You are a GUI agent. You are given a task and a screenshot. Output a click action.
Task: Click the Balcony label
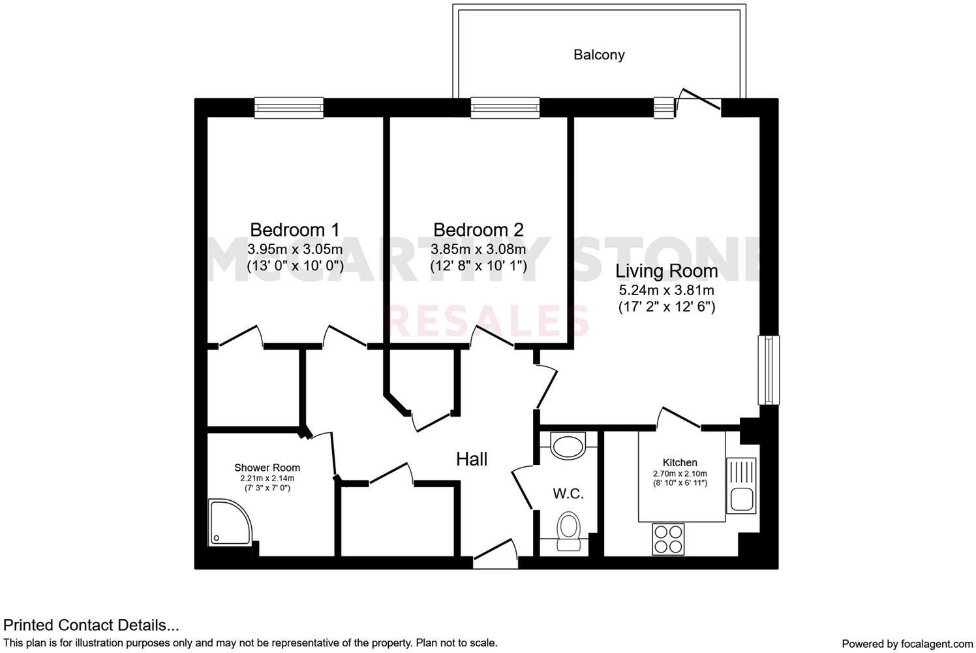click(x=599, y=55)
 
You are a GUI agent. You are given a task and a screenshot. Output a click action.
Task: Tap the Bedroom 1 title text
click(x=295, y=230)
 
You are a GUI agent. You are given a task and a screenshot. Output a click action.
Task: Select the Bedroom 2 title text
click(x=478, y=230)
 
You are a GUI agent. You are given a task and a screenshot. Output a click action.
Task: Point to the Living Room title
click(x=666, y=271)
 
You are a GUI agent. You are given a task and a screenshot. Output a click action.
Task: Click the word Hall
click(x=472, y=459)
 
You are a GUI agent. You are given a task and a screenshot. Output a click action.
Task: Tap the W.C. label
click(x=568, y=494)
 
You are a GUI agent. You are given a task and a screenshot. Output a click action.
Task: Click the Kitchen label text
click(x=680, y=462)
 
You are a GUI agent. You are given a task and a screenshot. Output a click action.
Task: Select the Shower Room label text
click(x=267, y=468)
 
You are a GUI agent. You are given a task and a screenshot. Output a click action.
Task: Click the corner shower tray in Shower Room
click(x=228, y=523)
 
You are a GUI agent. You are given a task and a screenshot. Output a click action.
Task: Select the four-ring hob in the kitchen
click(x=667, y=539)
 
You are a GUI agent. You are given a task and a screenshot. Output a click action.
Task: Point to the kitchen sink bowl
click(x=741, y=500)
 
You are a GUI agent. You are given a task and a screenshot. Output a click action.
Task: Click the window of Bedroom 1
click(x=288, y=107)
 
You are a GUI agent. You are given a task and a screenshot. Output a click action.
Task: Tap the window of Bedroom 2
click(x=505, y=107)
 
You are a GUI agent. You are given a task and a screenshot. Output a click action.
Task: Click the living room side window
click(x=769, y=370)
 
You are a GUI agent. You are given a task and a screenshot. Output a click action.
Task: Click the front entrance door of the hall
click(x=495, y=554)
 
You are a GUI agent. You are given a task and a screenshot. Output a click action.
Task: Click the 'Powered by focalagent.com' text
click(x=907, y=644)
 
